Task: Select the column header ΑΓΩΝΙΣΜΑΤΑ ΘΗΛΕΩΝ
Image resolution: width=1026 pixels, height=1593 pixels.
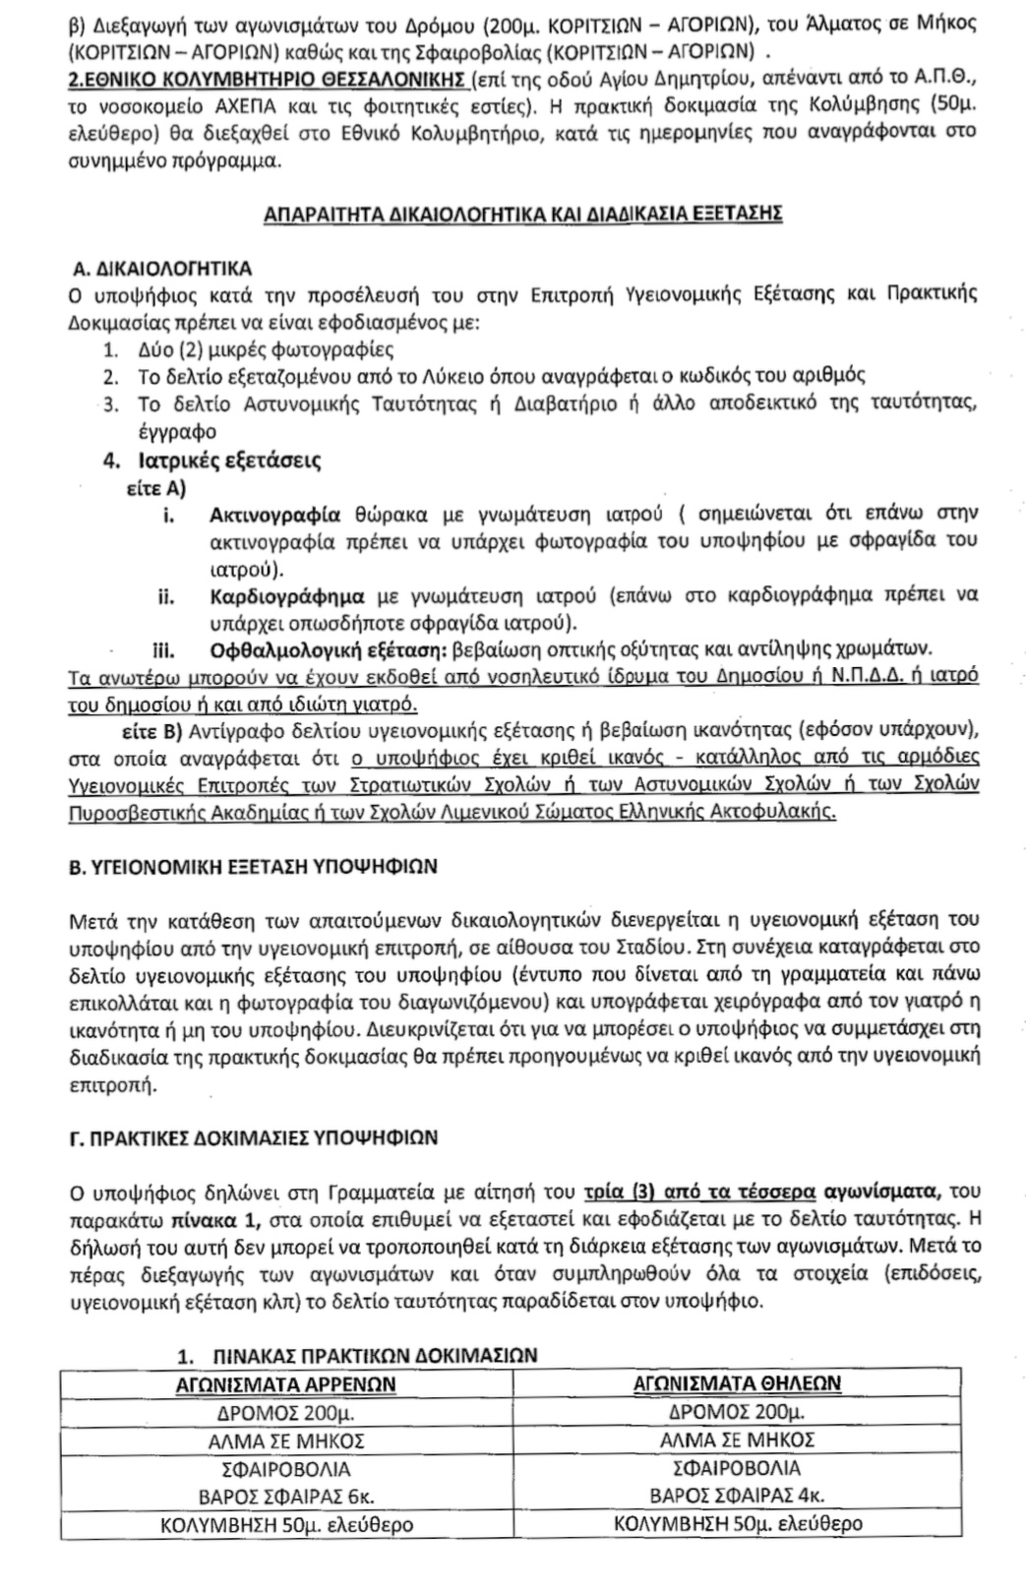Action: [735, 1383]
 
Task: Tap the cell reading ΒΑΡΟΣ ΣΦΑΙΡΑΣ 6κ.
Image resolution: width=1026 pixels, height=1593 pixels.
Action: [285, 1497]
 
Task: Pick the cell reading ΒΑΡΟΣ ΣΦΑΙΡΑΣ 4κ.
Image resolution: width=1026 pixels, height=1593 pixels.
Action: [736, 1497]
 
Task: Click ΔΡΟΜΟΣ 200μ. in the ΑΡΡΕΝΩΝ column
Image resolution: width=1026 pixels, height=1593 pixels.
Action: [285, 1412]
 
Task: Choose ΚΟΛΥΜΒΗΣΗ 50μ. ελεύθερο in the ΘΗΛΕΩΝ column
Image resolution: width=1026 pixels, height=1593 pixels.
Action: [737, 1525]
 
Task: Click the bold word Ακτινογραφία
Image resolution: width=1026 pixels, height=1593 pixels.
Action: [275, 515]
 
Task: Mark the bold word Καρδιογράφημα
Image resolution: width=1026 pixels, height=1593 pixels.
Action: [287, 596]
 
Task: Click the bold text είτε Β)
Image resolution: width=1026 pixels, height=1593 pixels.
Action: [149, 731]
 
